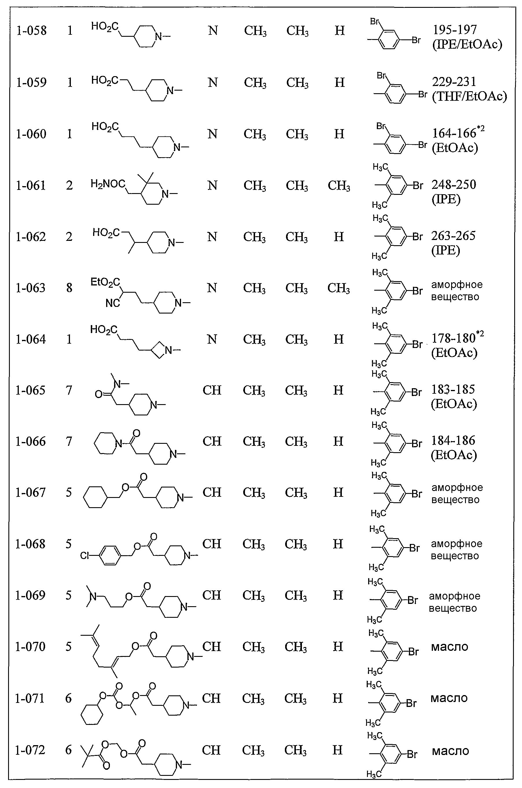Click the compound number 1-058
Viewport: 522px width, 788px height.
31,31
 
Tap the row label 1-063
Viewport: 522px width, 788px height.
31,287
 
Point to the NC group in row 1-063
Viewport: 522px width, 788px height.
112,303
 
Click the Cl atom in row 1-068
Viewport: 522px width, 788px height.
84,556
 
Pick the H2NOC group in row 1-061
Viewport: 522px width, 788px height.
108,184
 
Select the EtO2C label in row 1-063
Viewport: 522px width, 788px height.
105,283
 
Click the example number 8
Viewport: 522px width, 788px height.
69,287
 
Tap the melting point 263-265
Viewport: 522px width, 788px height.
453,236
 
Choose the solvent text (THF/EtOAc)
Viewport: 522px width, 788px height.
469,96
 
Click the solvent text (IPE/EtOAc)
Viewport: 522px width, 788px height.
467,44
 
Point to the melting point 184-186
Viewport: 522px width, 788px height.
453,441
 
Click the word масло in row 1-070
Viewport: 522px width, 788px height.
449,647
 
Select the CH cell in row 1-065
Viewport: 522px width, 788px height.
212,390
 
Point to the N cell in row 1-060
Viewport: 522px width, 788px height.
212,134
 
